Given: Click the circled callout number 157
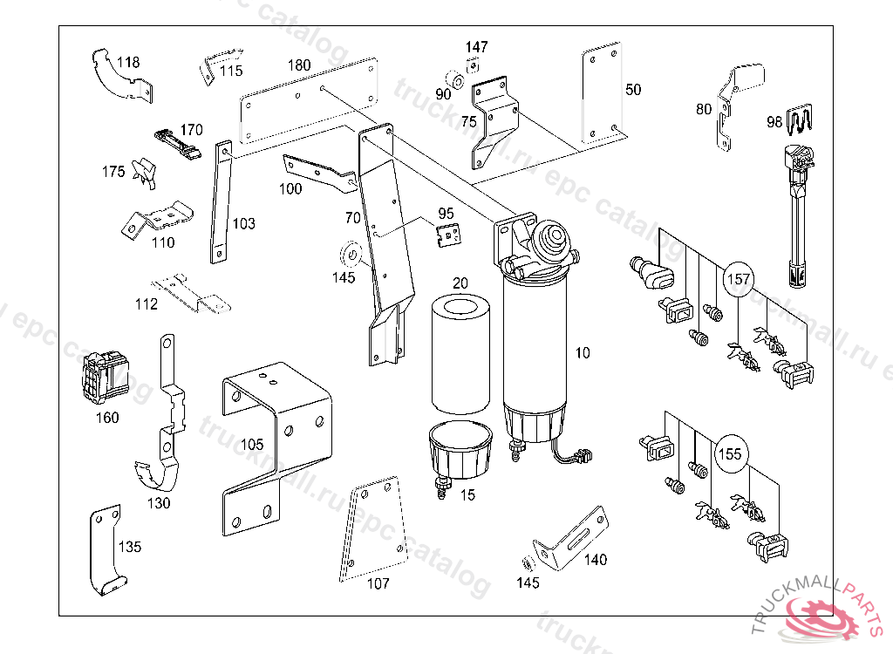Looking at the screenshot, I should pos(739,279).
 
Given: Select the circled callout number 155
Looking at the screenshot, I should pos(729,453).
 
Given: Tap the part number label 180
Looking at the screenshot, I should pos(299,65).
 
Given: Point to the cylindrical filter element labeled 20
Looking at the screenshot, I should pos(460,353).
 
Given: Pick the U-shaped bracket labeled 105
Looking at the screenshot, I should pos(276,436).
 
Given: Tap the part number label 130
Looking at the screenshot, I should pos(158,502).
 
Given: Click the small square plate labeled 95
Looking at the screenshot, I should pos(450,235).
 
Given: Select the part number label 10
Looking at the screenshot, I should pos(583,352).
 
